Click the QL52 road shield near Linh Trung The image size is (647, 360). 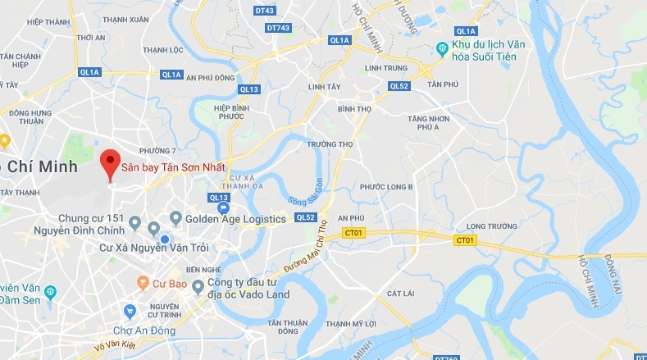[399, 86]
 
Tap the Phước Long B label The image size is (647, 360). [386, 187]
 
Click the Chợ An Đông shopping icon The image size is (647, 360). [129, 312]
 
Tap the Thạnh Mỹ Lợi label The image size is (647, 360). [351, 324]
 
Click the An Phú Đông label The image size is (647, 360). [212, 77]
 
